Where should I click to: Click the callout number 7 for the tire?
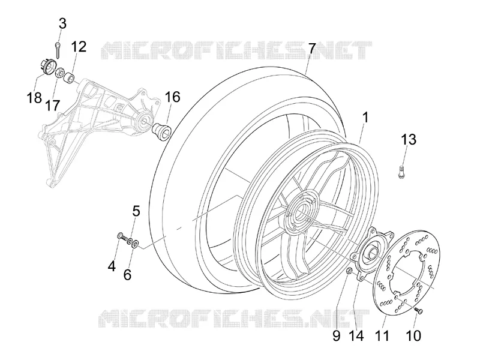coord(311,49)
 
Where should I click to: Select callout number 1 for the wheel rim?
coord(365,118)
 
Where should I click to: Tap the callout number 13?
coord(409,139)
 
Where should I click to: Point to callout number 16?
coord(173,97)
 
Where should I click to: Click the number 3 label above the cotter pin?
coord(62,23)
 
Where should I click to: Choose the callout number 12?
coord(79,47)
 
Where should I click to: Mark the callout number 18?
coord(34,98)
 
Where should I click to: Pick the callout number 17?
coord(52,106)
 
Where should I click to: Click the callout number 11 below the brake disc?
coord(383,335)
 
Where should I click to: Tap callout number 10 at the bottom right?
coord(413,335)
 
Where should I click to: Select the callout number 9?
coord(336,336)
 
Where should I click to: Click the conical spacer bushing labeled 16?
coord(162,130)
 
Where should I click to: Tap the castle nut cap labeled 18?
coord(47,66)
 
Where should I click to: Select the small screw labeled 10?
coord(419,311)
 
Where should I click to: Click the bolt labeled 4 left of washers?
coord(121,236)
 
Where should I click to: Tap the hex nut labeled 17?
coord(59,73)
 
